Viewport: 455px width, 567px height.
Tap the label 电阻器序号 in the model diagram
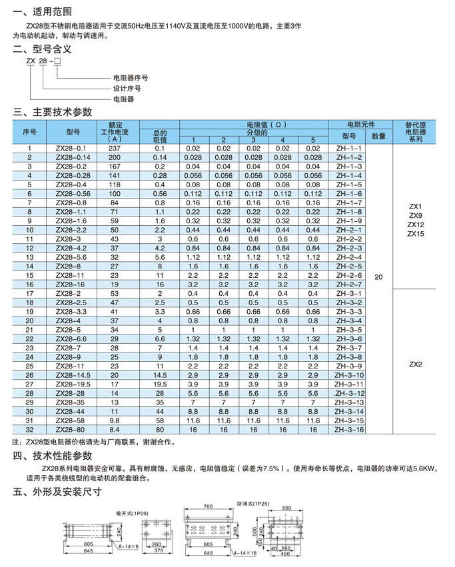point(131,77)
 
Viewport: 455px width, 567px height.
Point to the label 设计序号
point(127,88)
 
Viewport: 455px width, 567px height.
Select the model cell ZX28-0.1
point(71,148)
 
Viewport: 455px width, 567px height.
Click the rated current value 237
point(115,148)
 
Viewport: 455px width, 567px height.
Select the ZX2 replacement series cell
point(416,364)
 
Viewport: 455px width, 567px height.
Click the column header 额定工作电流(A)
point(115,131)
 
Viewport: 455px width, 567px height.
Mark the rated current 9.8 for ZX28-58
point(115,420)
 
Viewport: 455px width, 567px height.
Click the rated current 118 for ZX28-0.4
point(115,184)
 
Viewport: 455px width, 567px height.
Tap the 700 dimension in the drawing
point(208,507)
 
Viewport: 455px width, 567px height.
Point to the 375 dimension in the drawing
point(157,551)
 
